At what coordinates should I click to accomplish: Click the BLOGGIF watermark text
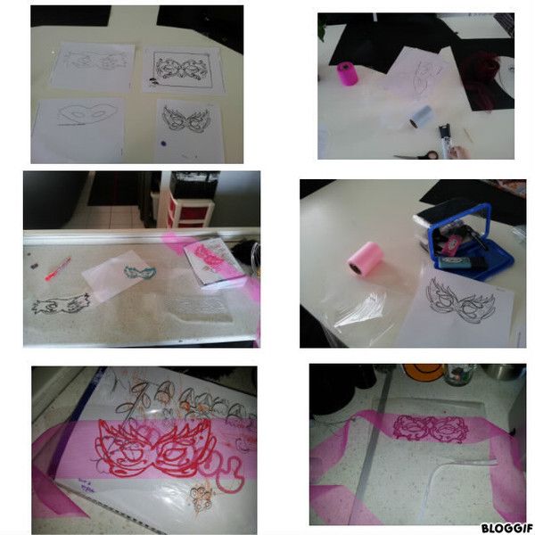click(507, 528)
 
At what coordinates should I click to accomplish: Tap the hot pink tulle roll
click(348, 73)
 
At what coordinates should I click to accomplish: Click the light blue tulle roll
click(421, 116)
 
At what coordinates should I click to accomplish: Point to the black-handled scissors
click(417, 155)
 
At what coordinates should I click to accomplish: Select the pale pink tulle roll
click(365, 258)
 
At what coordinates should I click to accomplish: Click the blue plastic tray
click(464, 243)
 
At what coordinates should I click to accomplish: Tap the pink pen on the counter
click(58, 269)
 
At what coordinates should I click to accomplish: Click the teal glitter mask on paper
click(140, 273)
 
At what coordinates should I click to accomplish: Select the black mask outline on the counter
click(61, 304)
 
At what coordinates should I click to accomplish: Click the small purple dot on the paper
click(163, 144)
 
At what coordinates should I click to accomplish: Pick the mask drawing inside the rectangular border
click(183, 70)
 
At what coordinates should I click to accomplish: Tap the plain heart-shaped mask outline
click(87, 113)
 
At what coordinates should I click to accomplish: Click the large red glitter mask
click(158, 447)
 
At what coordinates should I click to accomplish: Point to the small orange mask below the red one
click(202, 498)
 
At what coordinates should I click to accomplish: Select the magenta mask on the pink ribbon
click(431, 428)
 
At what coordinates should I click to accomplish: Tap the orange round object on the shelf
click(423, 372)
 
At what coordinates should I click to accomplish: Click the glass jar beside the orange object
click(460, 374)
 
